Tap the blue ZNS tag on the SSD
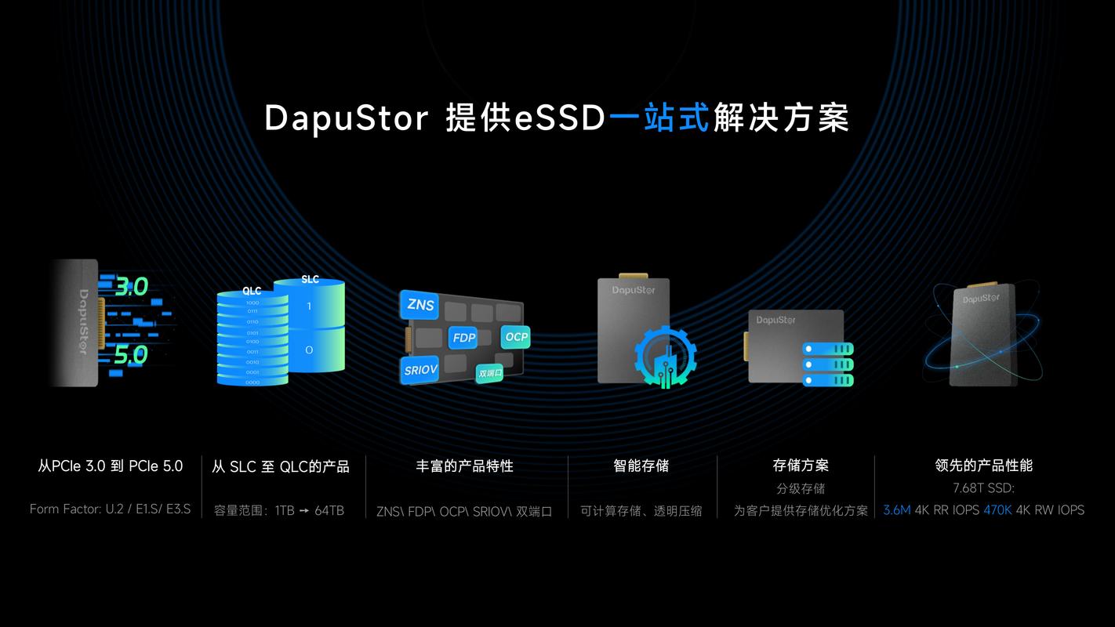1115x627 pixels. pos(420,305)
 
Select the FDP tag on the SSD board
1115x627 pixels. pos(463,339)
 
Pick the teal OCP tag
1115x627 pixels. pos(517,337)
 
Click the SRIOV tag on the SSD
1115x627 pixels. pos(420,370)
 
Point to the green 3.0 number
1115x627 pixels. pos(131,287)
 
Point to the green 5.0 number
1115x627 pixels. pos(130,355)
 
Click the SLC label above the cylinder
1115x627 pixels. pos(310,279)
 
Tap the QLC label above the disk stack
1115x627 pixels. pos(252,291)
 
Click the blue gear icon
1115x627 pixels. pos(665,357)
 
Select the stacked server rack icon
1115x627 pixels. pos(827,364)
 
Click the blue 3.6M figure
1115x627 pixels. pos(896,510)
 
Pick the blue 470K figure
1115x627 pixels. pos(997,510)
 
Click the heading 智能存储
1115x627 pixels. pos(641,466)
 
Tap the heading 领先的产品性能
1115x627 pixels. pos(983,466)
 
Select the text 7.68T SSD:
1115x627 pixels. pos(983,488)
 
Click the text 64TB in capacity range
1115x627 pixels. pos(329,510)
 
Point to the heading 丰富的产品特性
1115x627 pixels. pos(464,466)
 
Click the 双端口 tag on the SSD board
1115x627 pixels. pos(490,373)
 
